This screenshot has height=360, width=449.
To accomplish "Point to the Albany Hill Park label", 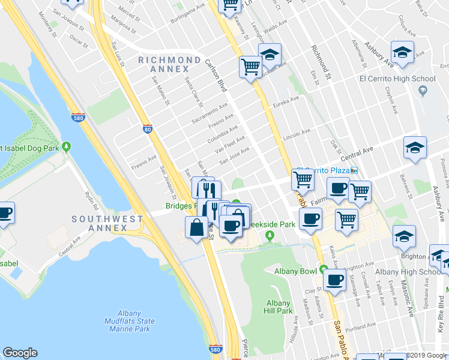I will click(279, 307).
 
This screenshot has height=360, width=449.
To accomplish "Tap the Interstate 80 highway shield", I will click(148, 128).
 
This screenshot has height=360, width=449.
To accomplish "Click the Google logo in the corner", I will click(20, 353).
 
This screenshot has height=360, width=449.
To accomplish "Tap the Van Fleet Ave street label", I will click(230, 146).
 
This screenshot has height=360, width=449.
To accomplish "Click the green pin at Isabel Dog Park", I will click(67, 147).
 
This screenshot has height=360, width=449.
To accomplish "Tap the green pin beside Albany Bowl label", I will click(324, 269).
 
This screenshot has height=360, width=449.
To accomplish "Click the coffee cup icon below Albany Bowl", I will click(334, 278).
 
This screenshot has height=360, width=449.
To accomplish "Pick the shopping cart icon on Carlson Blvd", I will click(250, 67).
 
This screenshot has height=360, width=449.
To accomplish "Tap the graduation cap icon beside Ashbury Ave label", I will click(402, 52).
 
